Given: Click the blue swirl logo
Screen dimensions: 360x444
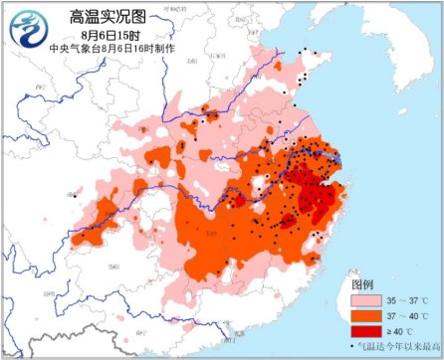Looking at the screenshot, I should coord(26,26).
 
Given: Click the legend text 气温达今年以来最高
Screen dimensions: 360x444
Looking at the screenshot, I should coord(398,345).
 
